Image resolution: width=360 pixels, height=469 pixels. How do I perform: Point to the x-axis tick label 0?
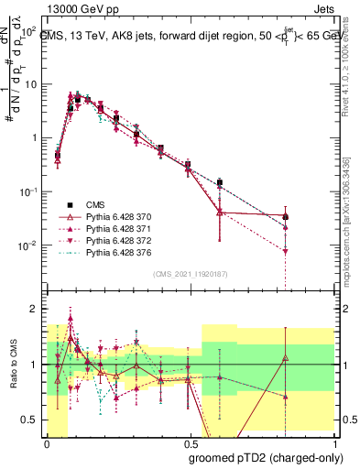46,444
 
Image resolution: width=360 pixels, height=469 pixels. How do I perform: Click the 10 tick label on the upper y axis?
33,84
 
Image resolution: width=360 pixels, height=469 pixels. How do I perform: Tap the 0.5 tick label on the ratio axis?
33,420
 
